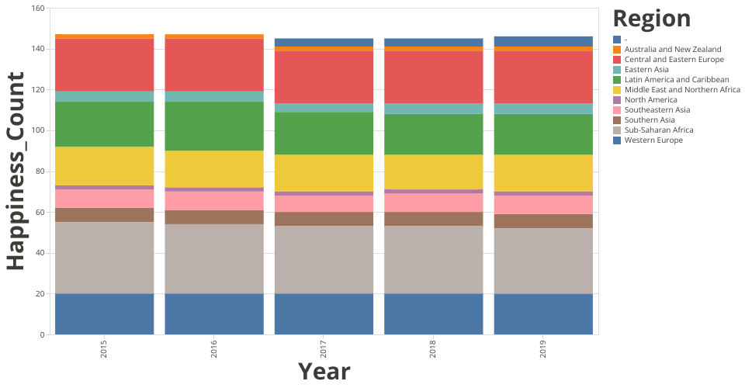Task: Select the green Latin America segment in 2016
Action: (x=213, y=126)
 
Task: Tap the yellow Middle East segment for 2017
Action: (x=324, y=172)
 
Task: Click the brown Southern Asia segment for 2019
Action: (x=543, y=220)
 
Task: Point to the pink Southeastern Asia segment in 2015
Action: (x=104, y=198)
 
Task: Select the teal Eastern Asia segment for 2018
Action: (x=433, y=109)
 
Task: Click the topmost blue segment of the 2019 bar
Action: (x=543, y=41)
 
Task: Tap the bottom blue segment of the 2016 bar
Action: (x=213, y=314)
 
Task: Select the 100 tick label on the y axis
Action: (x=38, y=130)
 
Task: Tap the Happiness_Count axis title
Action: (x=17, y=171)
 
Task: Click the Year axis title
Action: (x=324, y=372)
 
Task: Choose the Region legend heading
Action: (x=651, y=19)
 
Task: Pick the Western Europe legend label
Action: (x=655, y=140)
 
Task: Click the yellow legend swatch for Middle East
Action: (x=617, y=90)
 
